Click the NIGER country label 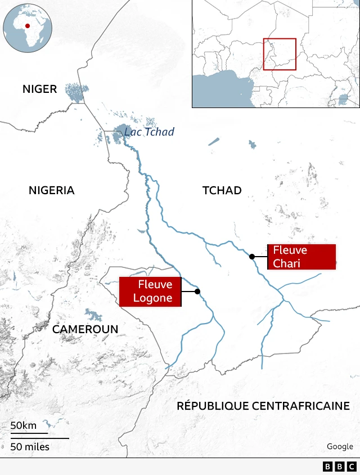point(39,89)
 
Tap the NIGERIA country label point(51,190)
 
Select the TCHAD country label point(222,190)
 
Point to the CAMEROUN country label point(85,329)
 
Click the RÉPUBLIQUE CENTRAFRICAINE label point(263,406)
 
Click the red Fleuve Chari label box point(301,257)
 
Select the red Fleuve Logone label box point(150,292)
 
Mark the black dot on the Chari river point(252,257)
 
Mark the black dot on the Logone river point(197,291)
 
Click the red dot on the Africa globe point(26,25)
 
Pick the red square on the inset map point(280,54)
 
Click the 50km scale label point(23,425)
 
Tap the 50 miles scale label point(29,447)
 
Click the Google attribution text point(340,446)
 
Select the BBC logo point(339,467)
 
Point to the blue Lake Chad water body point(120,134)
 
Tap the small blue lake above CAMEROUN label point(92,315)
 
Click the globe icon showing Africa point(28,28)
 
